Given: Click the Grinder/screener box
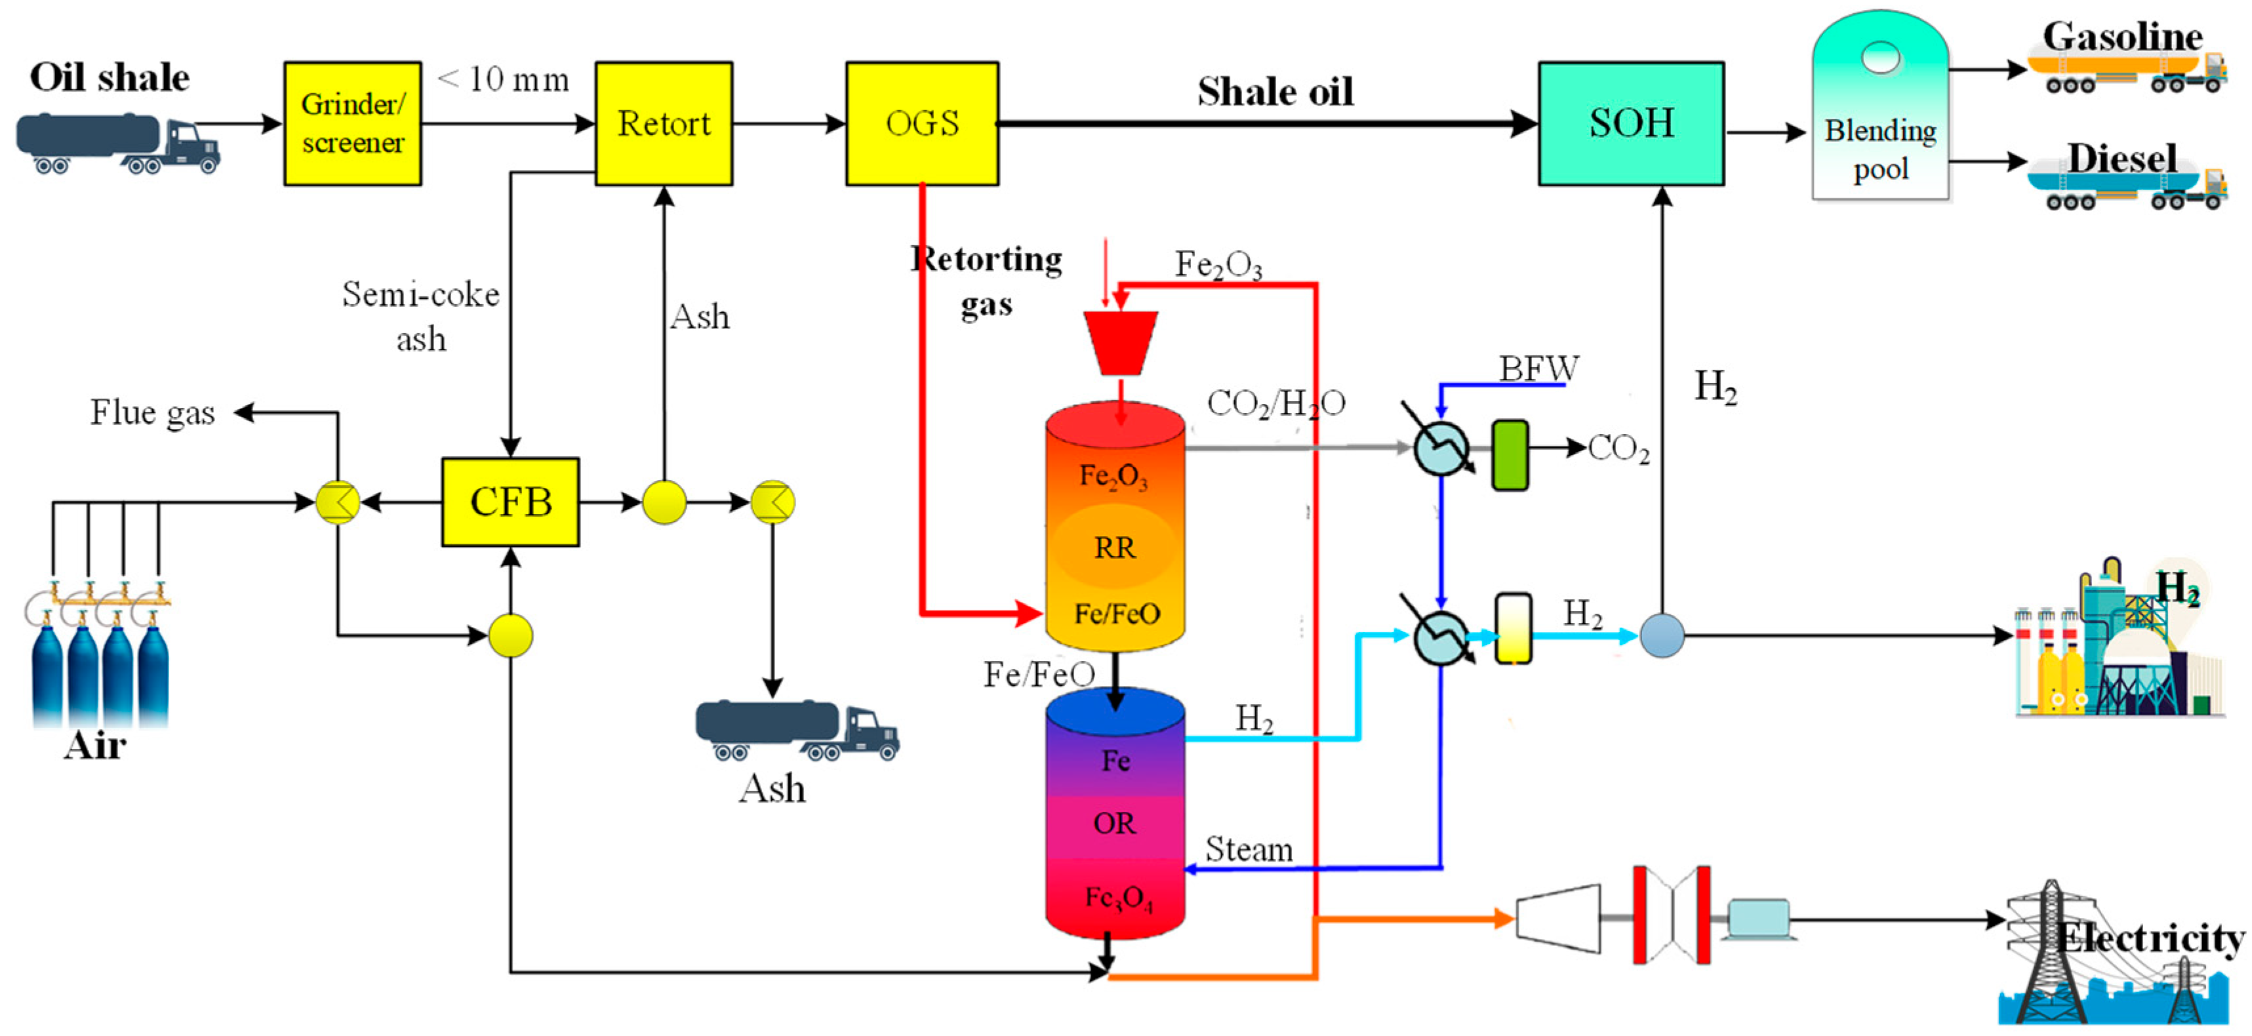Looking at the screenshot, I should [x=352, y=123].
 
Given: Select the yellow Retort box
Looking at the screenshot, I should [x=664, y=123].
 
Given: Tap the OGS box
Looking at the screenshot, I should [x=921, y=123].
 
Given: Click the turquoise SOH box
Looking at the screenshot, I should [x=1630, y=123].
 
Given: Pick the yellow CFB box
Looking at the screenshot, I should [x=511, y=502].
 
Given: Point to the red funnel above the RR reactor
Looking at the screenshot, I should [x=1121, y=342].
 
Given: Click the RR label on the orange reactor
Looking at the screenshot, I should [x=1115, y=548].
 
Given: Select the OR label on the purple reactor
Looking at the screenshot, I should [x=1115, y=823].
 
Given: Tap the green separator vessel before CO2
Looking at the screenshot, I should [x=1510, y=454].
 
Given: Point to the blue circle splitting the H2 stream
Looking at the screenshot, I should [x=1661, y=635].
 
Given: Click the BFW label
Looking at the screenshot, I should [x=1538, y=368].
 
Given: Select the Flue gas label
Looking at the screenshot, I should [x=152, y=412].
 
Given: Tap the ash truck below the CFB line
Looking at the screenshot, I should [x=795, y=729].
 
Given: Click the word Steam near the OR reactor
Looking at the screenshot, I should [x=1249, y=849].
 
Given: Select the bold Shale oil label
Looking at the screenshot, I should [x=1275, y=92].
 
